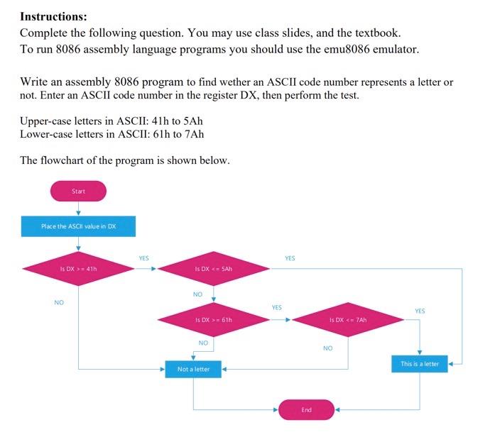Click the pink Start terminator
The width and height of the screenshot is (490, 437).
point(78,191)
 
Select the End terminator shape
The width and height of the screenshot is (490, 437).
point(306,409)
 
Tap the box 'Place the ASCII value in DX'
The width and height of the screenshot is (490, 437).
point(78,226)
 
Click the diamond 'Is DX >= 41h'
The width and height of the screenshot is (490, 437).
point(78,268)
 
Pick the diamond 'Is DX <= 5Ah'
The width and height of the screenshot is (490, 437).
point(214,268)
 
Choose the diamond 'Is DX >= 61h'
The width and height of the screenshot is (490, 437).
point(214,320)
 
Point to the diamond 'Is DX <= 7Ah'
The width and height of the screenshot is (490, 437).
point(348,320)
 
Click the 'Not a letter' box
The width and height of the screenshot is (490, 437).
point(193,370)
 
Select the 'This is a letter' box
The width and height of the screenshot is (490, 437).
point(420,364)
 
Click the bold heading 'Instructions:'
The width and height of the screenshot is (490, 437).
point(53,16)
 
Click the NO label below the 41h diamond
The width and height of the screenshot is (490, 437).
point(59,302)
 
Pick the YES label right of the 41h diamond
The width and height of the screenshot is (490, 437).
point(143,258)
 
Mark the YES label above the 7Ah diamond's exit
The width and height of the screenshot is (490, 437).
point(420,311)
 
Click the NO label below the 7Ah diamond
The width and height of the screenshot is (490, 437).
point(328,348)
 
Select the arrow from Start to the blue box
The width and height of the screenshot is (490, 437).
point(78,209)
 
